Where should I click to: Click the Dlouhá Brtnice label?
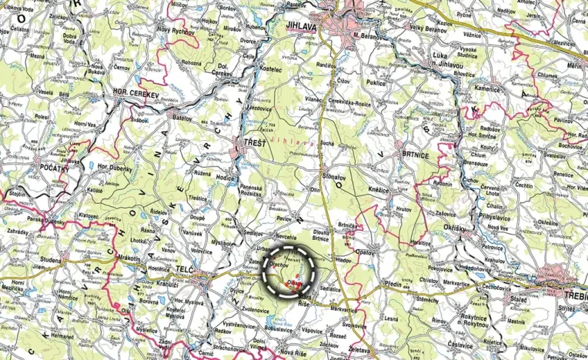pos(320,235)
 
